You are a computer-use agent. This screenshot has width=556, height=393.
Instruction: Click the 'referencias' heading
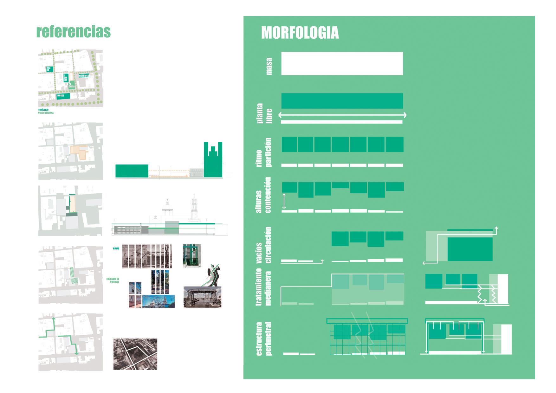click(x=74, y=32)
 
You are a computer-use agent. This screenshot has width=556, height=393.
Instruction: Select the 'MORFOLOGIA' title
click(x=300, y=33)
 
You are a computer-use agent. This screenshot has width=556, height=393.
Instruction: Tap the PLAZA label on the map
click(x=48, y=69)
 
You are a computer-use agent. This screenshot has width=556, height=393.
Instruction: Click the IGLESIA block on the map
click(x=65, y=78)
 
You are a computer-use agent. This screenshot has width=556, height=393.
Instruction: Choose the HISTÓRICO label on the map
click(x=84, y=76)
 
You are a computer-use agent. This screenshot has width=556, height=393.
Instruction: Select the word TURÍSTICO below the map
click(x=43, y=110)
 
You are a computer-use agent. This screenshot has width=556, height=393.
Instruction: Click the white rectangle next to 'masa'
click(x=342, y=64)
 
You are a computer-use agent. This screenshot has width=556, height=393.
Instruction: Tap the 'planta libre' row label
click(x=264, y=113)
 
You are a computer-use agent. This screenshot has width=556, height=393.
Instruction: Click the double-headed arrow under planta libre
click(x=342, y=115)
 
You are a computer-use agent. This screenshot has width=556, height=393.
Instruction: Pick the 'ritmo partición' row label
click(x=264, y=152)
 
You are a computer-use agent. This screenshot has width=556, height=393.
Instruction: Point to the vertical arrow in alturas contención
click(x=284, y=201)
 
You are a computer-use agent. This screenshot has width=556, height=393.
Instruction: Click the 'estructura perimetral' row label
click(x=264, y=338)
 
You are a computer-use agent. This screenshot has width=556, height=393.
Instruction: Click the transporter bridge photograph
click(x=202, y=297)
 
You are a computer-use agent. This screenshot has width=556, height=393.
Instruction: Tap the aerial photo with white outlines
click(x=135, y=354)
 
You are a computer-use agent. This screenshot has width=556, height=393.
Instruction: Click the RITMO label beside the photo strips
click(x=116, y=248)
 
